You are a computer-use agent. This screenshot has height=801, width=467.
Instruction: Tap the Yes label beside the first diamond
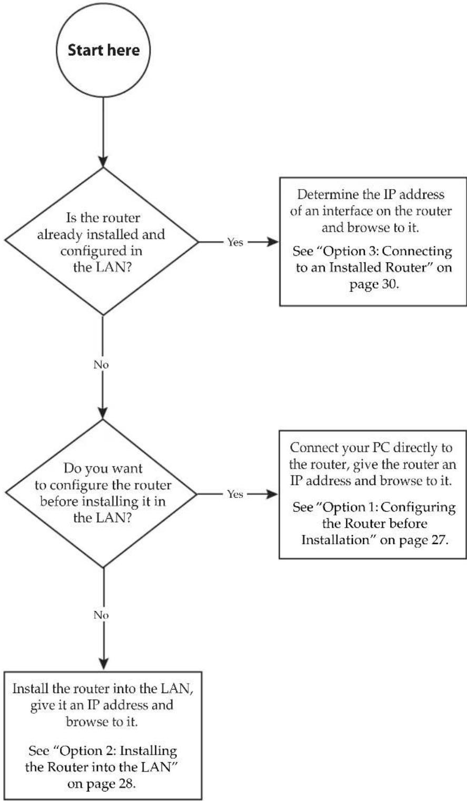tap(235, 242)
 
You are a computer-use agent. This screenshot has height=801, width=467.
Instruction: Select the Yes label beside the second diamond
tap(235, 494)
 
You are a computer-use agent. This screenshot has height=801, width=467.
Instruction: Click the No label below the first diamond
tap(101, 365)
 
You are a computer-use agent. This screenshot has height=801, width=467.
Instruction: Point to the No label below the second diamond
tap(101, 615)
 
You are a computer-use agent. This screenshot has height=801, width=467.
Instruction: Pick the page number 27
tap(438, 539)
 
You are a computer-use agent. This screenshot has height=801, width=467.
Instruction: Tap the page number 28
tap(125, 784)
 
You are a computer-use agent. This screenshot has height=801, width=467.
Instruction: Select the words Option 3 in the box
tap(350, 251)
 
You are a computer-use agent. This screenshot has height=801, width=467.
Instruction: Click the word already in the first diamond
tap(59, 235)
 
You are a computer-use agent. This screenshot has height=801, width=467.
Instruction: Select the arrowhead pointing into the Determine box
tap(272, 242)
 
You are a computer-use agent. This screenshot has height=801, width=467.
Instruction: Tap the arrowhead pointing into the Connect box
tap(272, 494)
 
